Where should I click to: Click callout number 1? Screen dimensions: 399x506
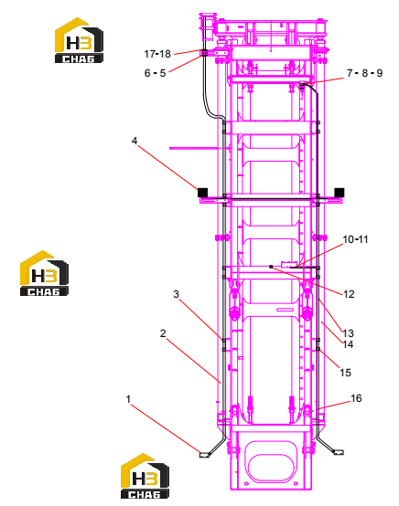point(128,399)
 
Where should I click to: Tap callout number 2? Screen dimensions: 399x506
point(163,333)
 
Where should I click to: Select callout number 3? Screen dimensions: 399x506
point(176,294)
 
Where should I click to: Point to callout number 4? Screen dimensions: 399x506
point(135,141)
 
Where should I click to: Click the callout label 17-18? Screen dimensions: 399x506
point(157,54)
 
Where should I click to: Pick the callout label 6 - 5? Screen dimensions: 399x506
point(155,73)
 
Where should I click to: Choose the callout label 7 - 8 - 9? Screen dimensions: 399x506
point(364,73)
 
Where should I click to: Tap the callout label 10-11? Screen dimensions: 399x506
point(355,239)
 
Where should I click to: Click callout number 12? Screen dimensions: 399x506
point(349,294)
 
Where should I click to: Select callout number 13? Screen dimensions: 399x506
point(348,333)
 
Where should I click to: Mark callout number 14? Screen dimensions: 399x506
point(348,344)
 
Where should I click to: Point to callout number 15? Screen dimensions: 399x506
point(345,373)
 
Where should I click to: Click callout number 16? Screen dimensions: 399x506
point(356,398)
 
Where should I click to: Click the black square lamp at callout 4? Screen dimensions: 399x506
point(202,193)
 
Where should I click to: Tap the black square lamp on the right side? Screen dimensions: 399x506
point(340,193)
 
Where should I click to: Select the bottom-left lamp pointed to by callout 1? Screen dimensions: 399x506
point(204,455)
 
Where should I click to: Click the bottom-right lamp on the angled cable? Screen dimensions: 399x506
point(339,452)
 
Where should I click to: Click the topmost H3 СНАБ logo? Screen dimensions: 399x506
point(79,40)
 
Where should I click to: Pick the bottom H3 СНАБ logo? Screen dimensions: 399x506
point(145,476)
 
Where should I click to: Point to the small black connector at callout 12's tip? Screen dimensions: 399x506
point(271,267)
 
